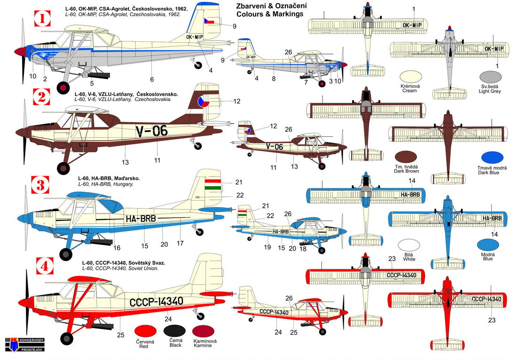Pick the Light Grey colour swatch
(491, 78)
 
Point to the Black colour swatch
(175, 332)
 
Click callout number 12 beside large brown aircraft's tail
(236, 101)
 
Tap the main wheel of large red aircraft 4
(67, 338)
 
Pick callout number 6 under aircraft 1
(152, 79)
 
